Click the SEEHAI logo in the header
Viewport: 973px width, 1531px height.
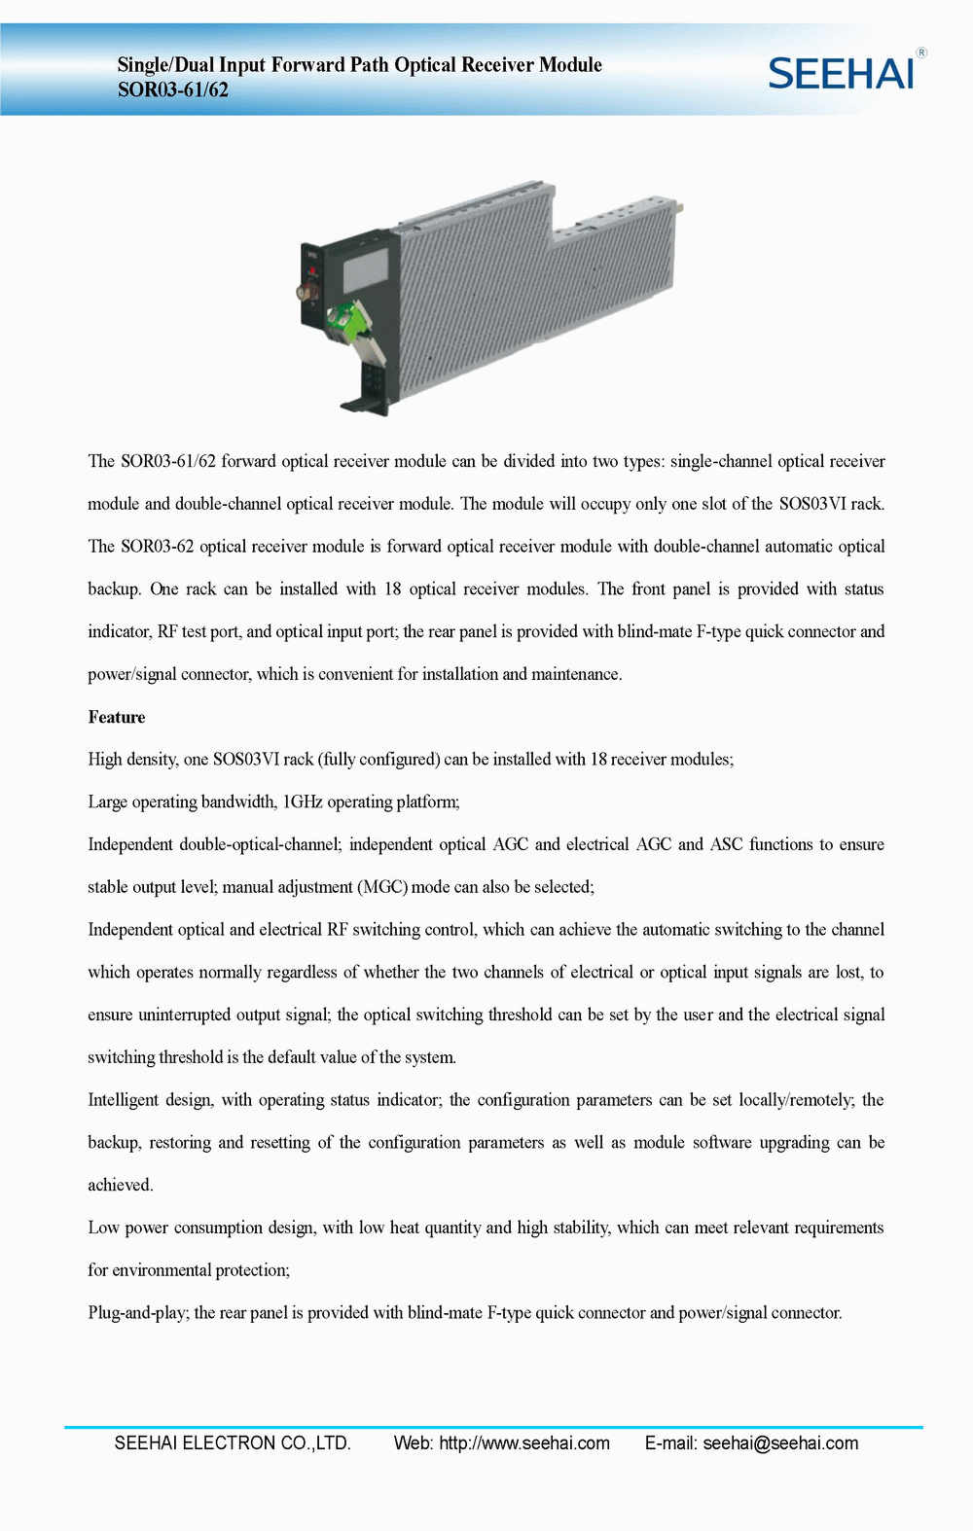pos(841,74)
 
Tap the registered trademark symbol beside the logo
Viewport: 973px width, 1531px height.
pos(921,53)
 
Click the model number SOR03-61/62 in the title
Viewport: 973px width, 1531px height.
pos(173,90)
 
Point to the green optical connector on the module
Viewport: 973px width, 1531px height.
pos(343,320)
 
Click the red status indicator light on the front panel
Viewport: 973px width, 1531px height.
pos(312,270)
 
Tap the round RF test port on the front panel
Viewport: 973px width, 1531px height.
pos(306,291)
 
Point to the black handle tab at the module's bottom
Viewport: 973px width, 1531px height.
pos(356,405)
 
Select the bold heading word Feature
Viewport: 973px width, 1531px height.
pos(117,718)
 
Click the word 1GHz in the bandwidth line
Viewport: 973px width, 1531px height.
pos(302,802)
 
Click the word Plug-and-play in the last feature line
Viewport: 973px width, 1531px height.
pos(138,1313)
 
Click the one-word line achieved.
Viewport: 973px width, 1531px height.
pos(121,1185)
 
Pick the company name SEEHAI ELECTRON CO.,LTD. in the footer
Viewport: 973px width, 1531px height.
pos(233,1443)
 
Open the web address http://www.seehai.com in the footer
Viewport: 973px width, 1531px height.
pos(524,1443)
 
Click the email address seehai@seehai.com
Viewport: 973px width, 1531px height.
pos(780,1443)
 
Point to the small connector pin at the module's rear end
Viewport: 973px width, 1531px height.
pos(680,206)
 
